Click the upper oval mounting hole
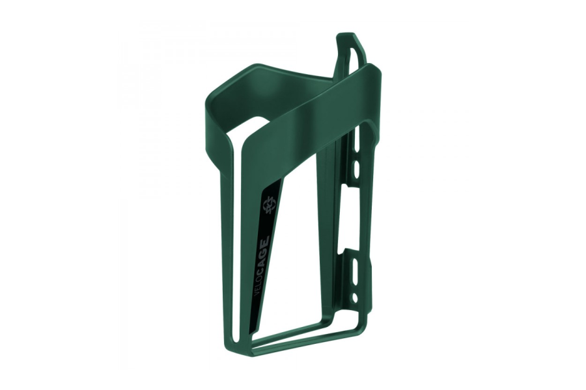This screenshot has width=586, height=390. point(356,169)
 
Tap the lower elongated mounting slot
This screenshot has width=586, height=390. point(355,270)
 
